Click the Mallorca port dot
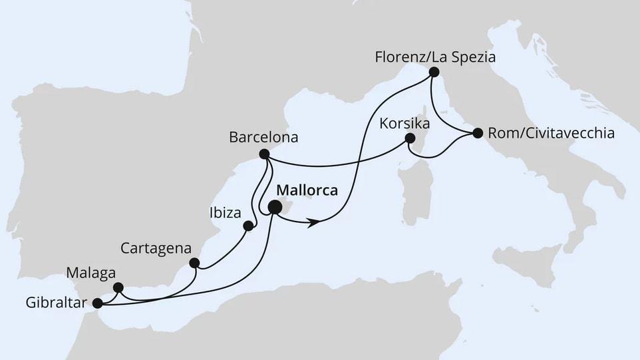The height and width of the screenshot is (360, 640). (x=274, y=209)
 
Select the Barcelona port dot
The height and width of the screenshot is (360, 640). (x=263, y=154)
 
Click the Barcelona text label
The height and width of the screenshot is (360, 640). (x=263, y=138)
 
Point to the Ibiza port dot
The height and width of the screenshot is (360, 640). (x=249, y=226)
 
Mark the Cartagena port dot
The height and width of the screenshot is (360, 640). (x=194, y=262)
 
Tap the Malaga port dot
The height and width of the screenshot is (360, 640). (x=118, y=287)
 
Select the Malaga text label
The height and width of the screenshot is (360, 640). (x=90, y=273)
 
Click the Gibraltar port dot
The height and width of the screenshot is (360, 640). (x=98, y=303)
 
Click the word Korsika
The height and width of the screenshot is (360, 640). (x=404, y=124)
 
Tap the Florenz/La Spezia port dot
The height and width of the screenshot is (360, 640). (x=434, y=72)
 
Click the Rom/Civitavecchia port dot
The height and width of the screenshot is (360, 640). (x=477, y=134)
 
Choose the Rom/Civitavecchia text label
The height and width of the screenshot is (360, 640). (x=551, y=134)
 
